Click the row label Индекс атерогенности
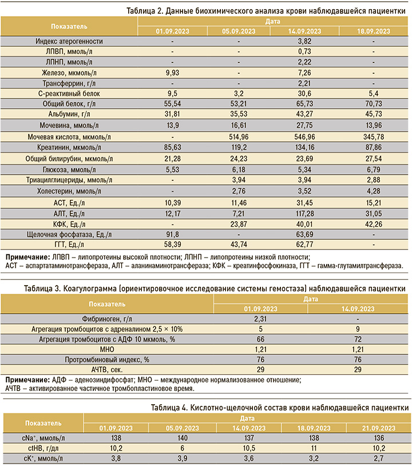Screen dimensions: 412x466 [69, 41]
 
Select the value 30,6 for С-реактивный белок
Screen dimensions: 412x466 [304, 94]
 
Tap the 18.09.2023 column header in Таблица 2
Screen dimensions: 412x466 [374, 31]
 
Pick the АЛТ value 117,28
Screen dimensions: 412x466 [304, 214]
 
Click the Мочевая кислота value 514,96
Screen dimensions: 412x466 [239, 137]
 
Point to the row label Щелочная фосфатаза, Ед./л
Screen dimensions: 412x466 [69, 235]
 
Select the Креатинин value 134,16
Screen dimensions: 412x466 [304, 147]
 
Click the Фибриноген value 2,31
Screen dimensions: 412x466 [260, 319]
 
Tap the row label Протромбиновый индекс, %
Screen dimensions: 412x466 [107, 360]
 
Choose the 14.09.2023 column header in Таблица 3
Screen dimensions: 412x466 [358, 309]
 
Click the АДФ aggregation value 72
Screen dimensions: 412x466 [358, 339]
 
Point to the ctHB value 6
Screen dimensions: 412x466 [182, 448]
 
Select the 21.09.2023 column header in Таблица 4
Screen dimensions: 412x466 [379, 428]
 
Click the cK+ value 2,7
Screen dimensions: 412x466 [379, 459]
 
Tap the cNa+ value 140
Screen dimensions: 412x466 [182, 438]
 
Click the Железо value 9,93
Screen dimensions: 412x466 [172, 73]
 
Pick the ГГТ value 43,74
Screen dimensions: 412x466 [239, 244]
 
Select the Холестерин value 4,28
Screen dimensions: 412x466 [374, 191]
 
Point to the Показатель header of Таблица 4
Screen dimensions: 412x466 [43, 423]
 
